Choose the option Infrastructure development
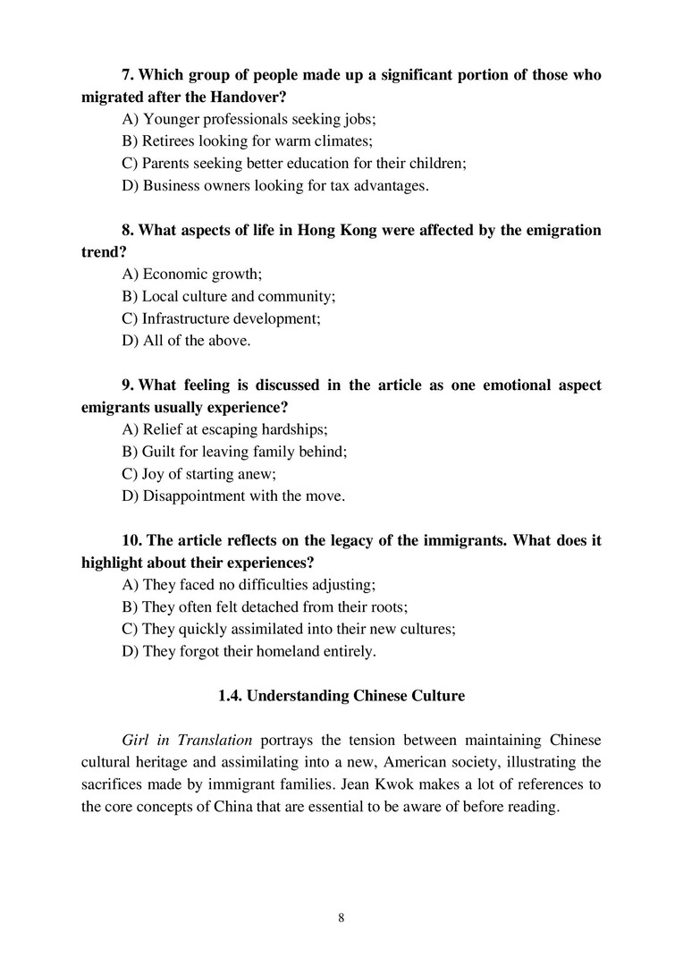(221, 318)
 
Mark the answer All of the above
(186, 340)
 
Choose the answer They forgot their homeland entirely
(249, 651)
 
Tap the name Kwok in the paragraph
(383, 784)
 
